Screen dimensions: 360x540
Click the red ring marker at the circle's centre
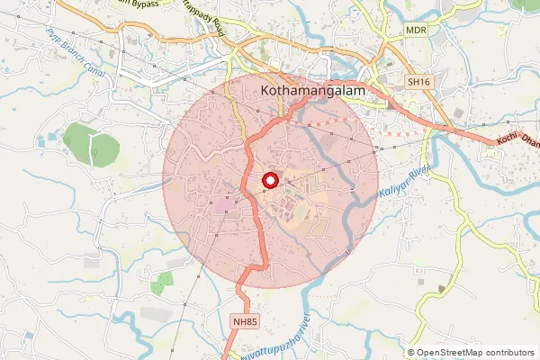click(x=268, y=182)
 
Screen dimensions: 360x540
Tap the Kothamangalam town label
click(x=310, y=91)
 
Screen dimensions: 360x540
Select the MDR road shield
click(x=416, y=30)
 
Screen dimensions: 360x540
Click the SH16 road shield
click(x=418, y=82)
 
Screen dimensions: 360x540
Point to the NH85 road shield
click(x=244, y=320)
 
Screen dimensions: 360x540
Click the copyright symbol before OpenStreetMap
click(x=410, y=353)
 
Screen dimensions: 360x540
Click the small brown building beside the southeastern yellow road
click(x=441, y=288)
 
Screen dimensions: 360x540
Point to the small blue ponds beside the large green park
click(x=52, y=138)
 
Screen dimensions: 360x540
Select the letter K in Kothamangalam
click(x=264, y=91)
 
